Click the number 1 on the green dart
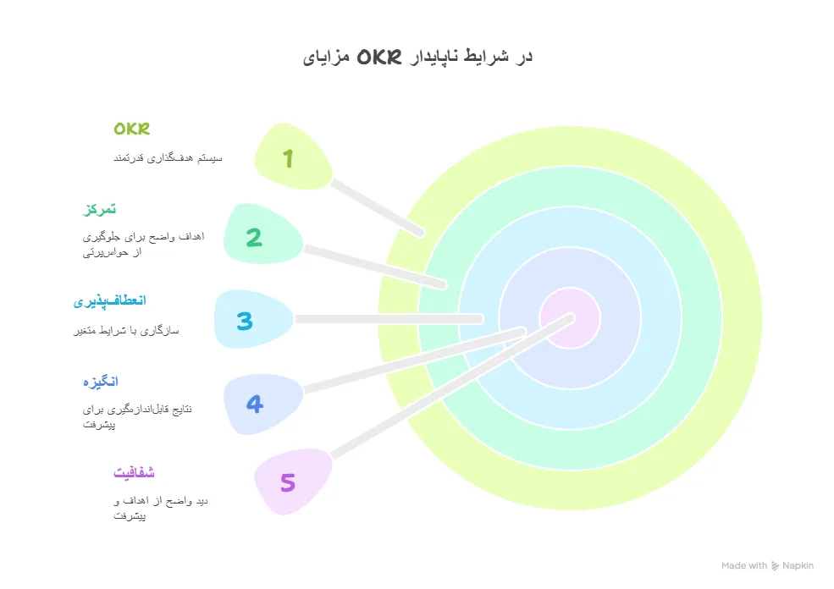pos(288,158)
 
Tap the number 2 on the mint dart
pos(254,238)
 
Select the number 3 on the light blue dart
pos(245,321)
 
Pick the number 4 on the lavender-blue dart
pos(255,404)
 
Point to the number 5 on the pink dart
pos(288,482)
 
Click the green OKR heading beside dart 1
pos(132,129)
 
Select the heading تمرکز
pos(99,209)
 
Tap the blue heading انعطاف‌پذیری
pos(109,301)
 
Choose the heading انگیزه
pos(101,382)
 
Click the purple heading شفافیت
pos(134,472)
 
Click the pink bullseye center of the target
pos(570,318)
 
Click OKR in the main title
pos(379,57)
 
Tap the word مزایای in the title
pos(326,58)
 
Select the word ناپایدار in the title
pos(434,57)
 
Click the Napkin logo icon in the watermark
pos(775,566)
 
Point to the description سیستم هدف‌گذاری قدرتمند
pos(168,158)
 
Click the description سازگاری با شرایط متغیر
pos(126,331)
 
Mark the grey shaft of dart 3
pos(389,319)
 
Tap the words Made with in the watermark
pos(744,565)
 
